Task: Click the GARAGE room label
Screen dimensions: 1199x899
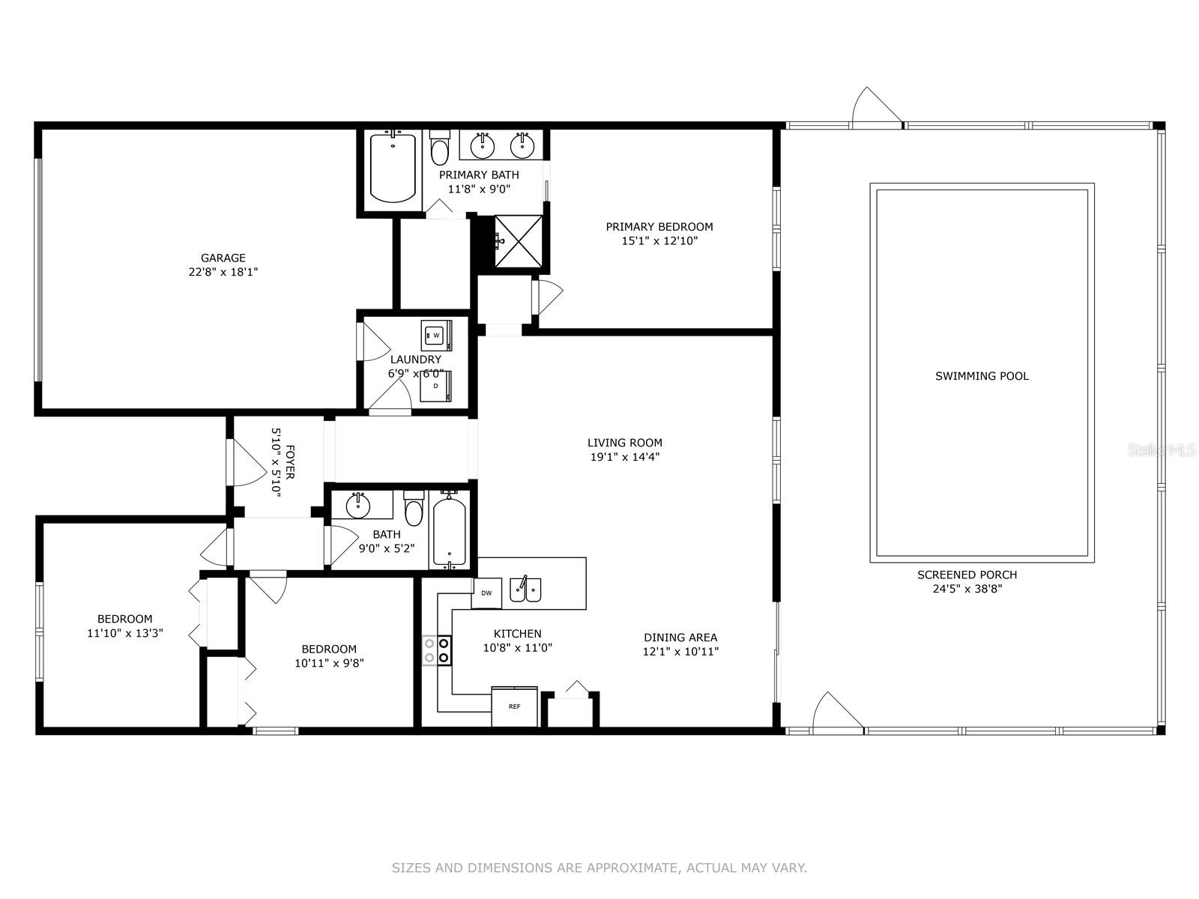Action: (223, 258)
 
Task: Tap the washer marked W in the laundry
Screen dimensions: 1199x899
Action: (436, 335)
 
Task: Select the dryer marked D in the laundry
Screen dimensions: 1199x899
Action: (435, 386)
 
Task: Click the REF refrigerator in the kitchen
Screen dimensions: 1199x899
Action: (514, 706)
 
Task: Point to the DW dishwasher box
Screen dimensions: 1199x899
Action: (486, 593)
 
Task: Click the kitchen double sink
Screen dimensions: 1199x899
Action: (525, 590)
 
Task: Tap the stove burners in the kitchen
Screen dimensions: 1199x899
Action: (437, 650)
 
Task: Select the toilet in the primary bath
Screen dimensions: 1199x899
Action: (439, 148)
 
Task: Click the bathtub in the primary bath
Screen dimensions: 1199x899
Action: (393, 167)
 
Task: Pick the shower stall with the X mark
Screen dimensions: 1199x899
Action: (519, 241)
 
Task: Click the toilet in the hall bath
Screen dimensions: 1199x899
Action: (414, 508)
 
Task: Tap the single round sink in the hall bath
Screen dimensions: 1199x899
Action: (358, 506)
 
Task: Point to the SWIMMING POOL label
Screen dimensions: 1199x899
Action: (982, 375)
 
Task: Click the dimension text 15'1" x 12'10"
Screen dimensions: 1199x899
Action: (659, 240)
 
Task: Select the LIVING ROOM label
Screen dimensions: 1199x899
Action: (624, 443)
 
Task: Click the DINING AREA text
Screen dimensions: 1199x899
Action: (680, 637)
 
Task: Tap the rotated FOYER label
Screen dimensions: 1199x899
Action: (289, 461)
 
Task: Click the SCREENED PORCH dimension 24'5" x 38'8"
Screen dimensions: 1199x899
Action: (967, 589)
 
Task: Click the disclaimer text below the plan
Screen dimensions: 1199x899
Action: (599, 868)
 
